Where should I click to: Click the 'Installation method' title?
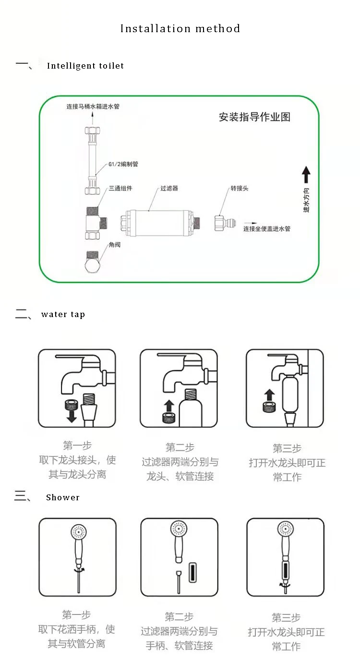click(180, 29)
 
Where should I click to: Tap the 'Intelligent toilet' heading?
click(85, 66)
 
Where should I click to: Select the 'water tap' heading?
click(63, 315)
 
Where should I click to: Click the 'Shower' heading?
click(62, 497)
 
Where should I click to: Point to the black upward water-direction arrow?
click(306, 175)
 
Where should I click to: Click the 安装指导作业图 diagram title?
click(254, 117)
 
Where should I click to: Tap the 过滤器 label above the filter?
click(169, 189)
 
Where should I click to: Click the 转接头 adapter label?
click(239, 189)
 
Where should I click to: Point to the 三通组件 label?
click(120, 189)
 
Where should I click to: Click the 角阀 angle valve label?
click(114, 245)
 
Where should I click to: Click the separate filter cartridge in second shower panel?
click(193, 572)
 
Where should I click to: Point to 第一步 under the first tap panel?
click(77, 445)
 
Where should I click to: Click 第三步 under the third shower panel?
click(286, 618)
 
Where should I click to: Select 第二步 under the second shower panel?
click(179, 617)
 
